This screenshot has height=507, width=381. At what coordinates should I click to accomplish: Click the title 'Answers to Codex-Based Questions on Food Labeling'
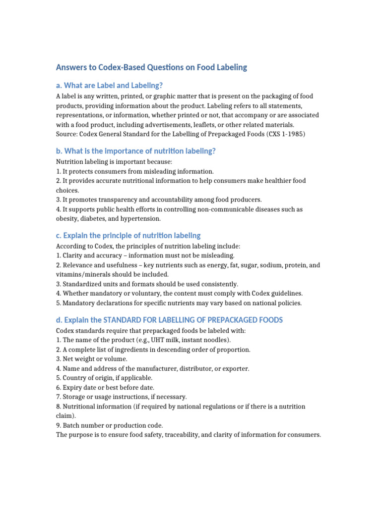click(151, 67)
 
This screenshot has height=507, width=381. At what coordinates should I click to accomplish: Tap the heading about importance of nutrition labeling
click(135, 151)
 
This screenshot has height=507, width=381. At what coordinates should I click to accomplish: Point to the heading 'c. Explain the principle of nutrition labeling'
click(128, 235)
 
